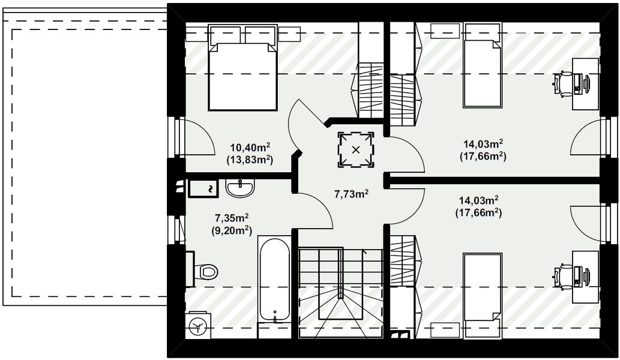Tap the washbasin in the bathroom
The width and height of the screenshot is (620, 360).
tap(241, 188)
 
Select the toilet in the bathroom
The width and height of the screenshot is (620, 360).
tap(206, 272)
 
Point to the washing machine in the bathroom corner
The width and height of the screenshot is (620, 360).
tap(196, 326)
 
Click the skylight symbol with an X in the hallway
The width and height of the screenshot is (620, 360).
tap(356, 149)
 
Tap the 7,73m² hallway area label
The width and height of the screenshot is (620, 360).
tap(351, 194)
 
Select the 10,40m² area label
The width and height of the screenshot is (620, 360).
tap(250, 146)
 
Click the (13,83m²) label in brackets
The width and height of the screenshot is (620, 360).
tap(250, 160)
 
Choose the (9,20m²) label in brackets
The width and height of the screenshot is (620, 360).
tap(232, 230)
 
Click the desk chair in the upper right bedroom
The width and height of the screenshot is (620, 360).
tap(564, 83)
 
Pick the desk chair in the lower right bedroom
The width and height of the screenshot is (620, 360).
tap(564, 276)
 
